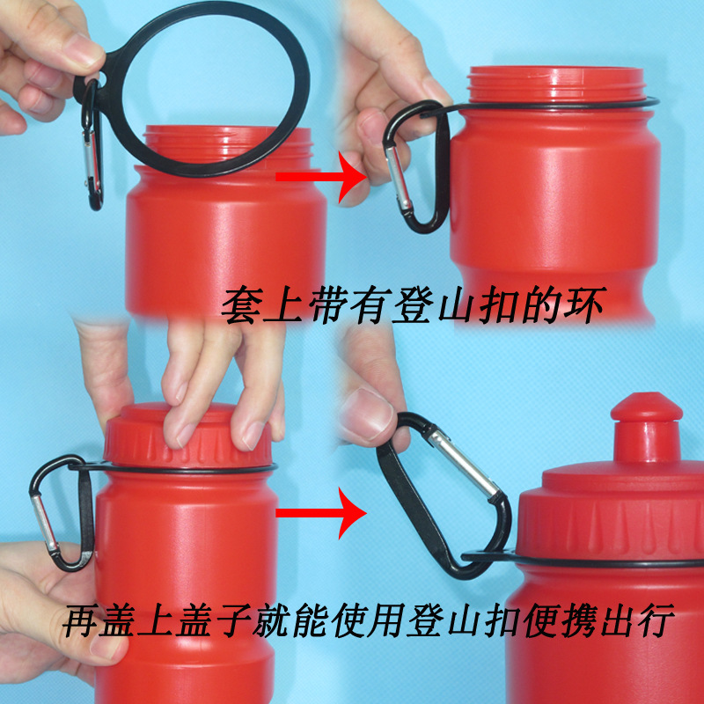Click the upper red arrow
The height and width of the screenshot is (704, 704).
(321, 177)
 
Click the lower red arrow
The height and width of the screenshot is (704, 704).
(321, 513)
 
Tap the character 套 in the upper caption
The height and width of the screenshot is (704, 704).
(242, 305)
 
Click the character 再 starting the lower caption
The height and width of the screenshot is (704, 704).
(81, 620)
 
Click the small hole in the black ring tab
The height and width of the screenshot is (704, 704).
(101, 79)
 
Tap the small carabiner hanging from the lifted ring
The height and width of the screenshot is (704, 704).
(92, 146)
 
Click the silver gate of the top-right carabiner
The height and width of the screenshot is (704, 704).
(398, 178)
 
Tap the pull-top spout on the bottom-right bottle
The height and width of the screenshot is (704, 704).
(646, 427)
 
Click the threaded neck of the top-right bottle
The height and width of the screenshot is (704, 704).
(556, 84)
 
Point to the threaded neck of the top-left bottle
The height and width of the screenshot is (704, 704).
(228, 143)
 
